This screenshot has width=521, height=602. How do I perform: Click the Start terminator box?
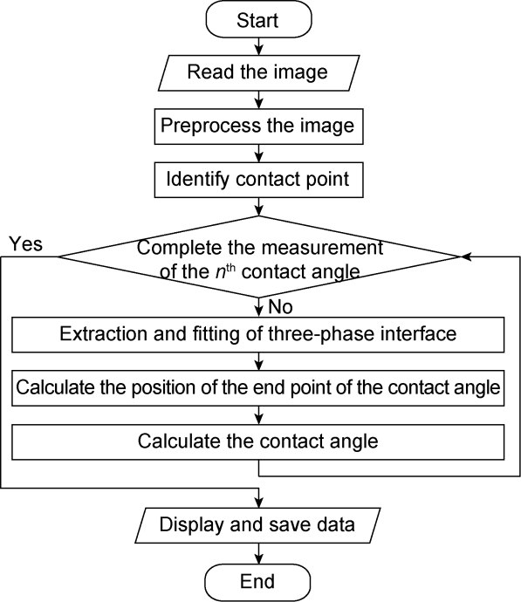point(258,19)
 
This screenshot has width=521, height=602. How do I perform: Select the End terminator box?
point(257,582)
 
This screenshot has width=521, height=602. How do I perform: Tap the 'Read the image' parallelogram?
point(259,72)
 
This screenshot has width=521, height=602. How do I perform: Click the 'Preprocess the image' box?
point(259,127)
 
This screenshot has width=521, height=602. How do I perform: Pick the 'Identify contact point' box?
point(259,180)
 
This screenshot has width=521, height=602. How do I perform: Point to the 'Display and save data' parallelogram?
point(257,525)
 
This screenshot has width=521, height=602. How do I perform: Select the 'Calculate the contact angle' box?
point(258,441)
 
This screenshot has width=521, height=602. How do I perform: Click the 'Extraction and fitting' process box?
point(258,334)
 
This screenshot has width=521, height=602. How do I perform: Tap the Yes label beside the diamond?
point(25,243)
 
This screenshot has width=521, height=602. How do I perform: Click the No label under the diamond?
point(281,307)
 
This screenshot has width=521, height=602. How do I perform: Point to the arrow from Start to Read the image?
point(259,46)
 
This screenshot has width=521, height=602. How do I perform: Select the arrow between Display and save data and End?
point(259,553)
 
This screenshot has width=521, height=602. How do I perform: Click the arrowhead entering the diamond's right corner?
point(465,257)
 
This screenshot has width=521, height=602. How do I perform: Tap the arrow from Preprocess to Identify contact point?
point(259,154)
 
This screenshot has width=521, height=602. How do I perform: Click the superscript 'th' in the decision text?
point(230,267)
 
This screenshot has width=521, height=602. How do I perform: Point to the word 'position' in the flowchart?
point(163,388)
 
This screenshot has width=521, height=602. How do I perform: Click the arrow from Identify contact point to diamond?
point(259,207)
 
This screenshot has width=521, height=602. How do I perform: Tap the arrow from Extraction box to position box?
point(259,361)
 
